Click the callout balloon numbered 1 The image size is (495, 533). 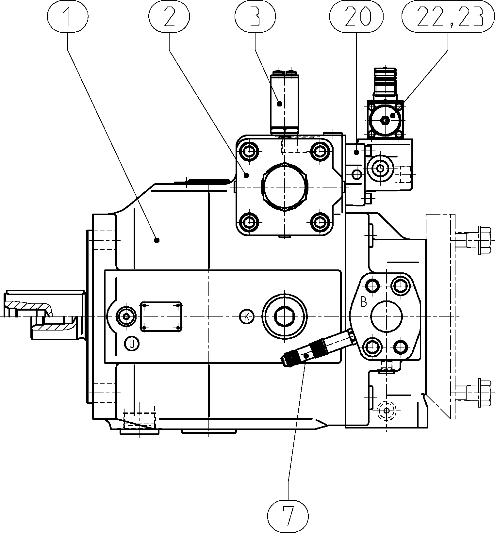(x=68, y=17)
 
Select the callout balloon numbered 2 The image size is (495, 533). (x=169, y=17)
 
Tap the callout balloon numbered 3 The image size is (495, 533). (x=255, y=17)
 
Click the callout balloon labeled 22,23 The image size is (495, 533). (x=448, y=17)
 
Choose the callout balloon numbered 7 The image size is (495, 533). (x=288, y=516)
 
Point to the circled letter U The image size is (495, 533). (x=132, y=343)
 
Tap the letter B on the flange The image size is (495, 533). (x=364, y=302)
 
